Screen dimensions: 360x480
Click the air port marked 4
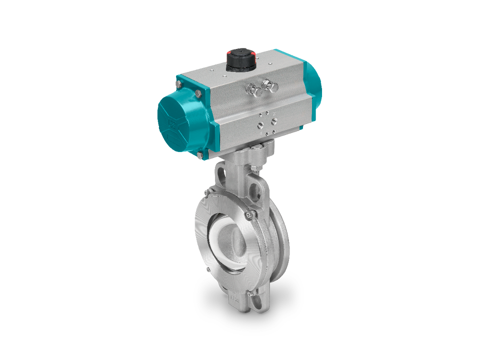pyautogui.click(x=273, y=120)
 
